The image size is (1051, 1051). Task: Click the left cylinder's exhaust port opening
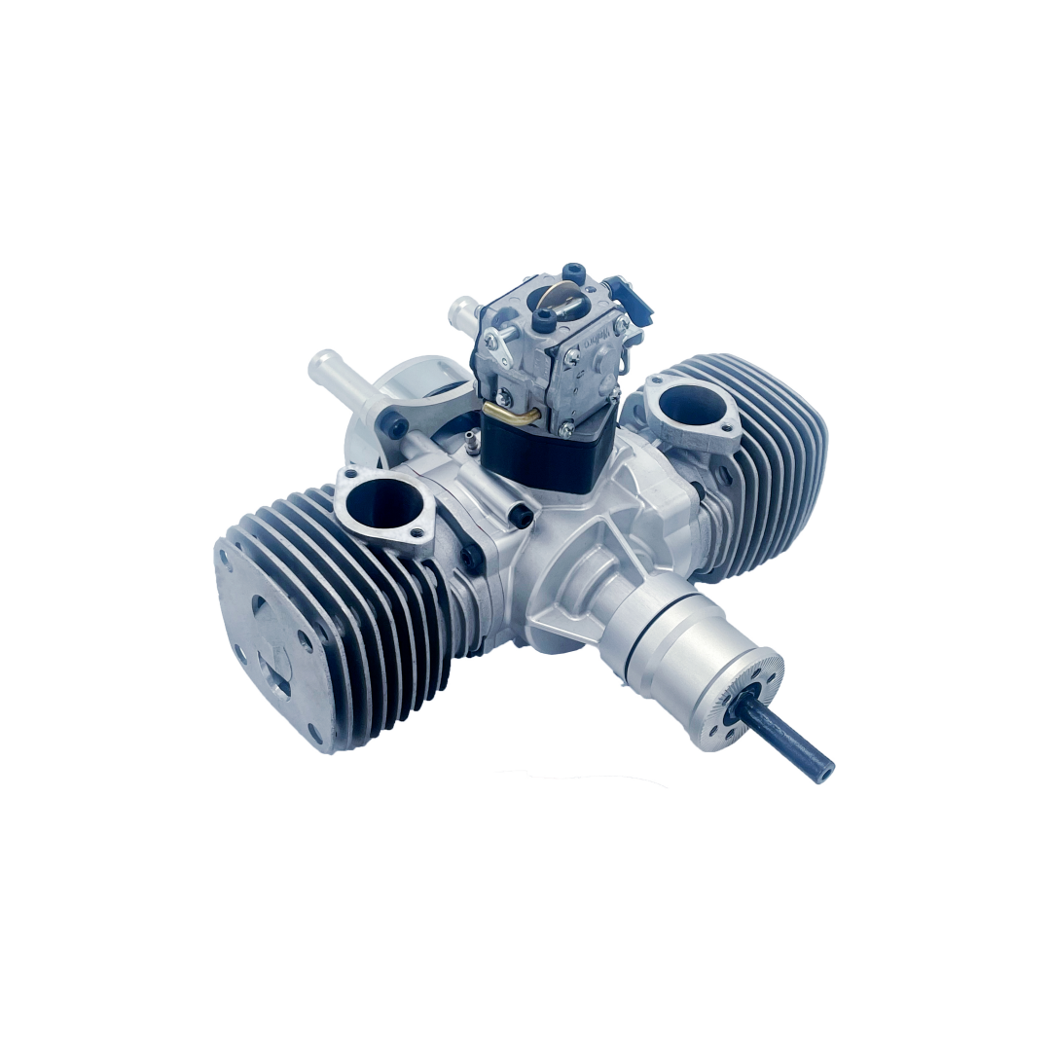[383, 503]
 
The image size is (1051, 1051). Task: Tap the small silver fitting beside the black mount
[470, 444]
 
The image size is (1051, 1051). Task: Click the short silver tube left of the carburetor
[461, 313]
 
